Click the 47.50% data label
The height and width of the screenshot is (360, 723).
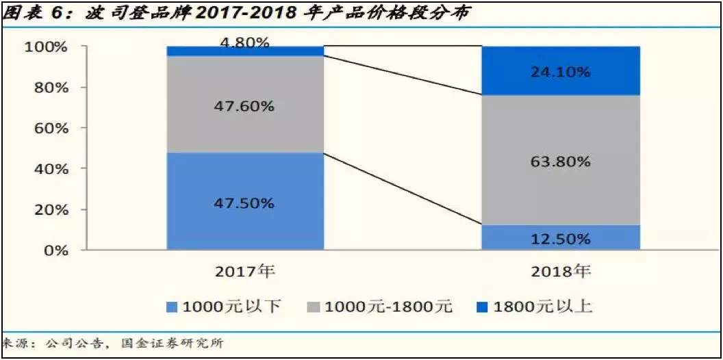pyautogui.click(x=245, y=203)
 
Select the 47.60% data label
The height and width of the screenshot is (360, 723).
pyautogui.click(x=245, y=106)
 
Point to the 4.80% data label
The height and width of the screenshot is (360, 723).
pyautogui.click(x=245, y=43)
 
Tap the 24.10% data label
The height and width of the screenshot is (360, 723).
pyautogui.click(x=561, y=72)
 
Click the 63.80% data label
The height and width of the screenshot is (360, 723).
pyautogui.click(x=561, y=162)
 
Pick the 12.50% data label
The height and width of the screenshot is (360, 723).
pyautogui.click(x=561, y=239)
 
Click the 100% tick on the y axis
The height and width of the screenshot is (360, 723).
pyautogui.click(x=46, y=47)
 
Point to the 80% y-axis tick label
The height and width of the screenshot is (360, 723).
pyautogui.click(x=49, y=88)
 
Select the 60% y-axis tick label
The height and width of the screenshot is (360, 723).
pyautogui.click(x=49, y=128)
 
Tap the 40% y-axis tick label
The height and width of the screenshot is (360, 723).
pyautogui.click(x=49, y=168)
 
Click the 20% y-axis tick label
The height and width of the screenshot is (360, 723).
pyautogui.click(x=49, y=209)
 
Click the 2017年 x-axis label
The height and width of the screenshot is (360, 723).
pyautogui.click(x=245, y=272)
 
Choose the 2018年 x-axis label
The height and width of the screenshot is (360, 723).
pyautogui.click(x=561, y=272)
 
